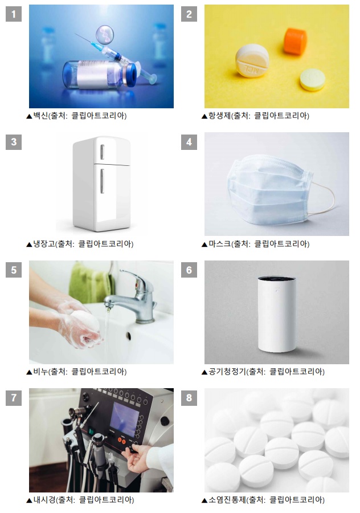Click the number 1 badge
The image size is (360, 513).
coord(14,14)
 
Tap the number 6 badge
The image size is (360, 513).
coord(189,270)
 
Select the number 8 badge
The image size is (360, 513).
coord(189,397)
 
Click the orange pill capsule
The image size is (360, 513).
coord(295,41)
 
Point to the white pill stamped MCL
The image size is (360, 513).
coord(252,60)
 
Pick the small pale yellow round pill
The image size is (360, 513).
coord(313,79)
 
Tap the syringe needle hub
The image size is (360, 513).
coord(97,46)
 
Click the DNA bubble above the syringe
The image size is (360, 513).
coord(105,35)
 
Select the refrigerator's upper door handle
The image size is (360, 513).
coord(102,152)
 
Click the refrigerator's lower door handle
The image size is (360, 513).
coord(102,181)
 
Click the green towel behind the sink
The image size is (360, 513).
coord(91,282)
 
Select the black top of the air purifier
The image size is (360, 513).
coord(277,279)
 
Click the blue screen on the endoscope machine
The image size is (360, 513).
coord(125,419)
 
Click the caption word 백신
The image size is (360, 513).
coord(40,116)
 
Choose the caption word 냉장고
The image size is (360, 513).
coord(44,244)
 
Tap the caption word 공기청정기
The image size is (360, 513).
coord(227,371)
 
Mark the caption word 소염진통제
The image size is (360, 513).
coord(227,499)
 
